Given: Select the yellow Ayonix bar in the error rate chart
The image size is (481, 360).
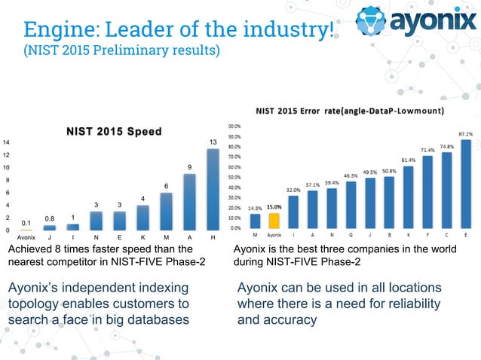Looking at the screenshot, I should point(274,220).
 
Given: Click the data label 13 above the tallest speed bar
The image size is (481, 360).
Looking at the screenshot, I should point(213,142).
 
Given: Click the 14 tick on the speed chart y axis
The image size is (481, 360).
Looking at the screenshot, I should point(6,142).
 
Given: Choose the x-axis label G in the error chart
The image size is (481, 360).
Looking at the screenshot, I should point(351,235).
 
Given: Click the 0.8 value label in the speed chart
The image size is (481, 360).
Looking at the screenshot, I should point(49,219).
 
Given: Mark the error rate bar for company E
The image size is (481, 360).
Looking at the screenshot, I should point(465,183).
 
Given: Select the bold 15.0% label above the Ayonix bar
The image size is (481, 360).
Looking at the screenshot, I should point(274,206).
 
